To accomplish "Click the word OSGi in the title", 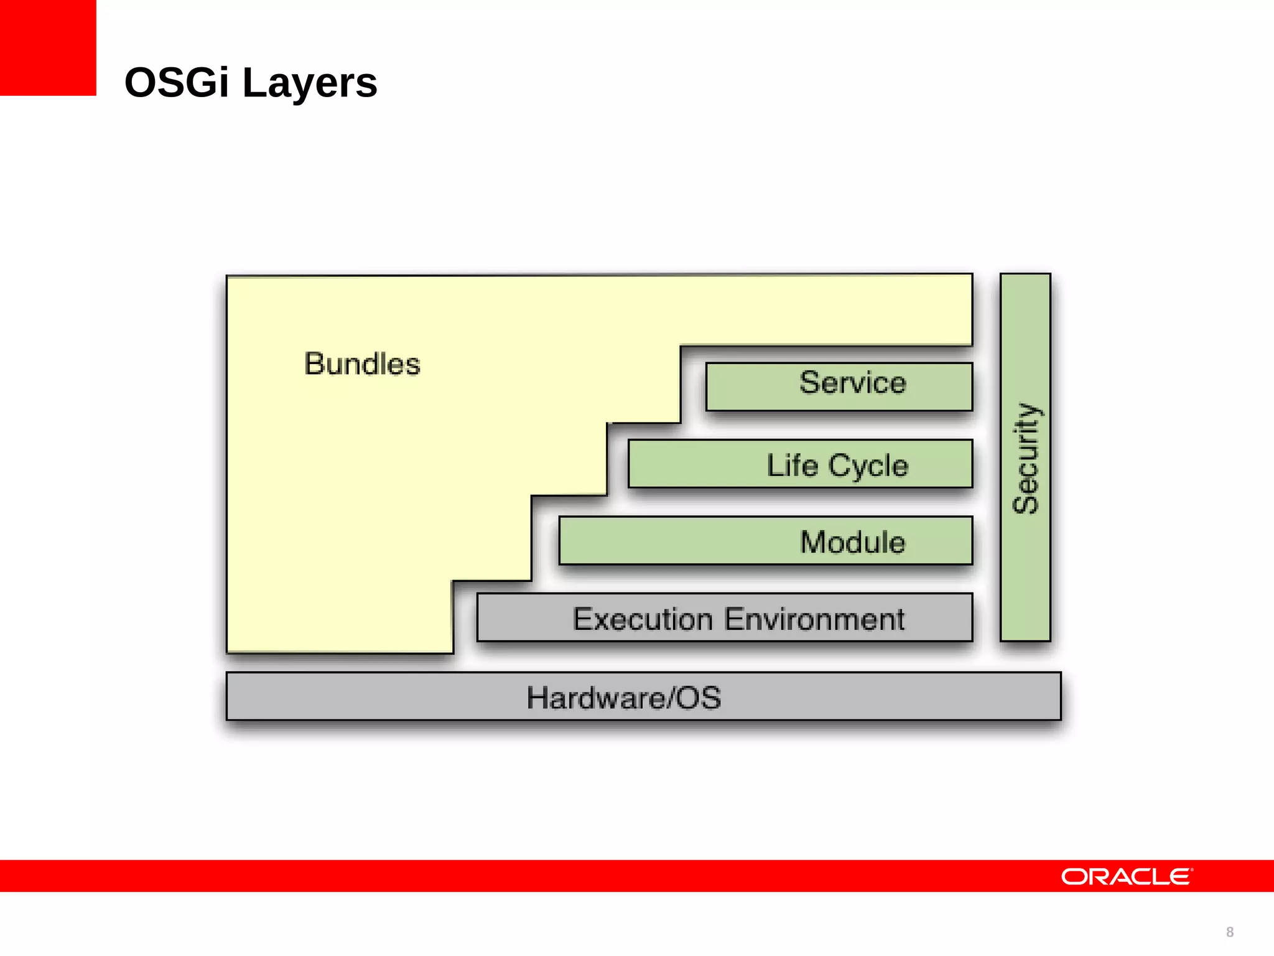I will [x=177, y=82].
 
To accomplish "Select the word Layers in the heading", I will [x=309, y=83].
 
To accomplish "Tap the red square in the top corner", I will [x=48, y=47].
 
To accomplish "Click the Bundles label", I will [x=362, y=363].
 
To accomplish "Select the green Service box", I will [x=839, y=387].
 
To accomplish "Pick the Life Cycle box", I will [x=800, y=464].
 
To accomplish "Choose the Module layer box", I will [x=765, y=540].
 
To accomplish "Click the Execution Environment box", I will [x=724, y=617].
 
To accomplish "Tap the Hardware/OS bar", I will [x=643, y=696].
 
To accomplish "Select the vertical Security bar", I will [x=1025, y=457].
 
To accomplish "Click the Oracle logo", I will [x=1127, y=876].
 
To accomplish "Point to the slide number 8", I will [x=1230, y=932].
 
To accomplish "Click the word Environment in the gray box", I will [x=814, y=619].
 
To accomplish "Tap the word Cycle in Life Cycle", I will [x=868, y=466].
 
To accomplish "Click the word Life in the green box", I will [x=792, y=465].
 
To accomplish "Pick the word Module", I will [x=852, y=541].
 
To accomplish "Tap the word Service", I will [x=852, y=382].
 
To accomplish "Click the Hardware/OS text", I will [x=624, y=698].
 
